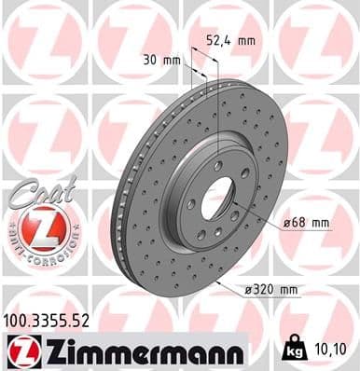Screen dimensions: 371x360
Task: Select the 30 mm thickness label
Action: tap(156, 61)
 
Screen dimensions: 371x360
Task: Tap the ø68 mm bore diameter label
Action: tap(307, 222)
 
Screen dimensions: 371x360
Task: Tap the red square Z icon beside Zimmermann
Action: tap(20, 351)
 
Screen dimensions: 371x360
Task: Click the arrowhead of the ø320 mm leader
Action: tap(217, 279)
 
